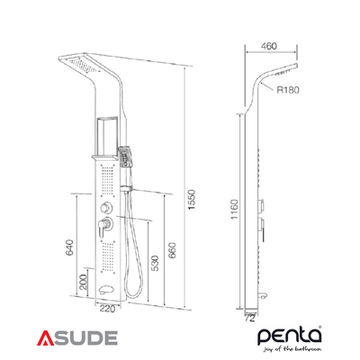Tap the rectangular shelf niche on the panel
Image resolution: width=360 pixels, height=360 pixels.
point(108,130)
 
